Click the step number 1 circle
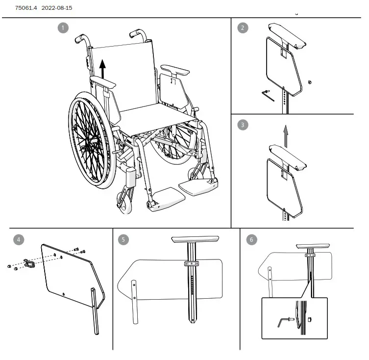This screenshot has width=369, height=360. [63, 28]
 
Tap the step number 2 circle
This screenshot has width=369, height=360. [243, 28]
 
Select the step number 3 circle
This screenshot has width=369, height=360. [243, 125]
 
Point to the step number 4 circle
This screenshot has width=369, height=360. [19, 239]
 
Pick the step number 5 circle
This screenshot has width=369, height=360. [123, 239]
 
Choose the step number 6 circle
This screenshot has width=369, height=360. [251, 239]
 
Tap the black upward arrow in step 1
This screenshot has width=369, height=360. [102, 68]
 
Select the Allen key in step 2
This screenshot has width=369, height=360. [267, 94]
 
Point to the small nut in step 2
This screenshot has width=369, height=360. [310, 81]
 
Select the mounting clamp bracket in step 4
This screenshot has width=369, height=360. [30, 264]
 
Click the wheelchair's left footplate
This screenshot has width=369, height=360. [197, 186]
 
